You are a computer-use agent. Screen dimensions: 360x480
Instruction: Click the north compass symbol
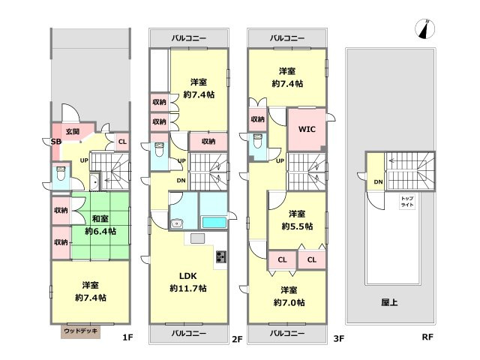tap(425, 28)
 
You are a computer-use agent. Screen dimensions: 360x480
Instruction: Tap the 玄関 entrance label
tap(72, 131)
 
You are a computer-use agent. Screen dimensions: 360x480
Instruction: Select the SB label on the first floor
tap(55, 141)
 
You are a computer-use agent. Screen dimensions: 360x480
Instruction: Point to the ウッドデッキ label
tap(80, 330)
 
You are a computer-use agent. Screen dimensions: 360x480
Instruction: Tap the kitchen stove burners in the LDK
tap(220, 259)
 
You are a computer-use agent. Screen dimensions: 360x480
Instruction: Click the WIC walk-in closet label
tap(307, 129)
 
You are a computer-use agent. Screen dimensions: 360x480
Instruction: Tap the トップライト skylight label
tap(407, 201)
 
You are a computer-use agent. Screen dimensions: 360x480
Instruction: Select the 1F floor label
tap(127, 338)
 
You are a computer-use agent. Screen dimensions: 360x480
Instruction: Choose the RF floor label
tap(427, 338)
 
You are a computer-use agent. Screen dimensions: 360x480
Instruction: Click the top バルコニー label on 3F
tap(288, 37)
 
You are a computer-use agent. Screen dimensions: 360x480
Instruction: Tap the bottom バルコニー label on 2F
tap(188, 331)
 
